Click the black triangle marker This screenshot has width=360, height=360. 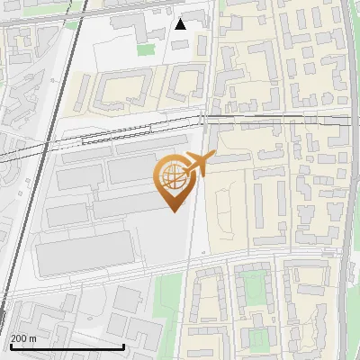(x=181, y=23)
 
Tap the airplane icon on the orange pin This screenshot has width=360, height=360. (x=199, y=164)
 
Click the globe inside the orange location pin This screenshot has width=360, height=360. (x=172, y=176)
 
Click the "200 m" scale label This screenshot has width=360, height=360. (x=23, y=337)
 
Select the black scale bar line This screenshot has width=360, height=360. (x=67, y=346)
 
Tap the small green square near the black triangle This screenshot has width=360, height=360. (x=145, y=49)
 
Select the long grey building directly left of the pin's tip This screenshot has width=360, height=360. (x=126, y=207)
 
